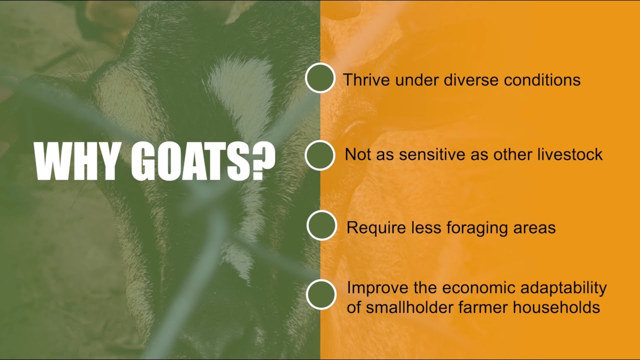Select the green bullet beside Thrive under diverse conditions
click(320, 78)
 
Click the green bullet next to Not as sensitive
click(319, 155)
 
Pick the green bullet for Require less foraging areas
click(321, 225)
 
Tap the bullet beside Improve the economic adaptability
click(321, 294)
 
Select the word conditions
click(542, 79)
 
